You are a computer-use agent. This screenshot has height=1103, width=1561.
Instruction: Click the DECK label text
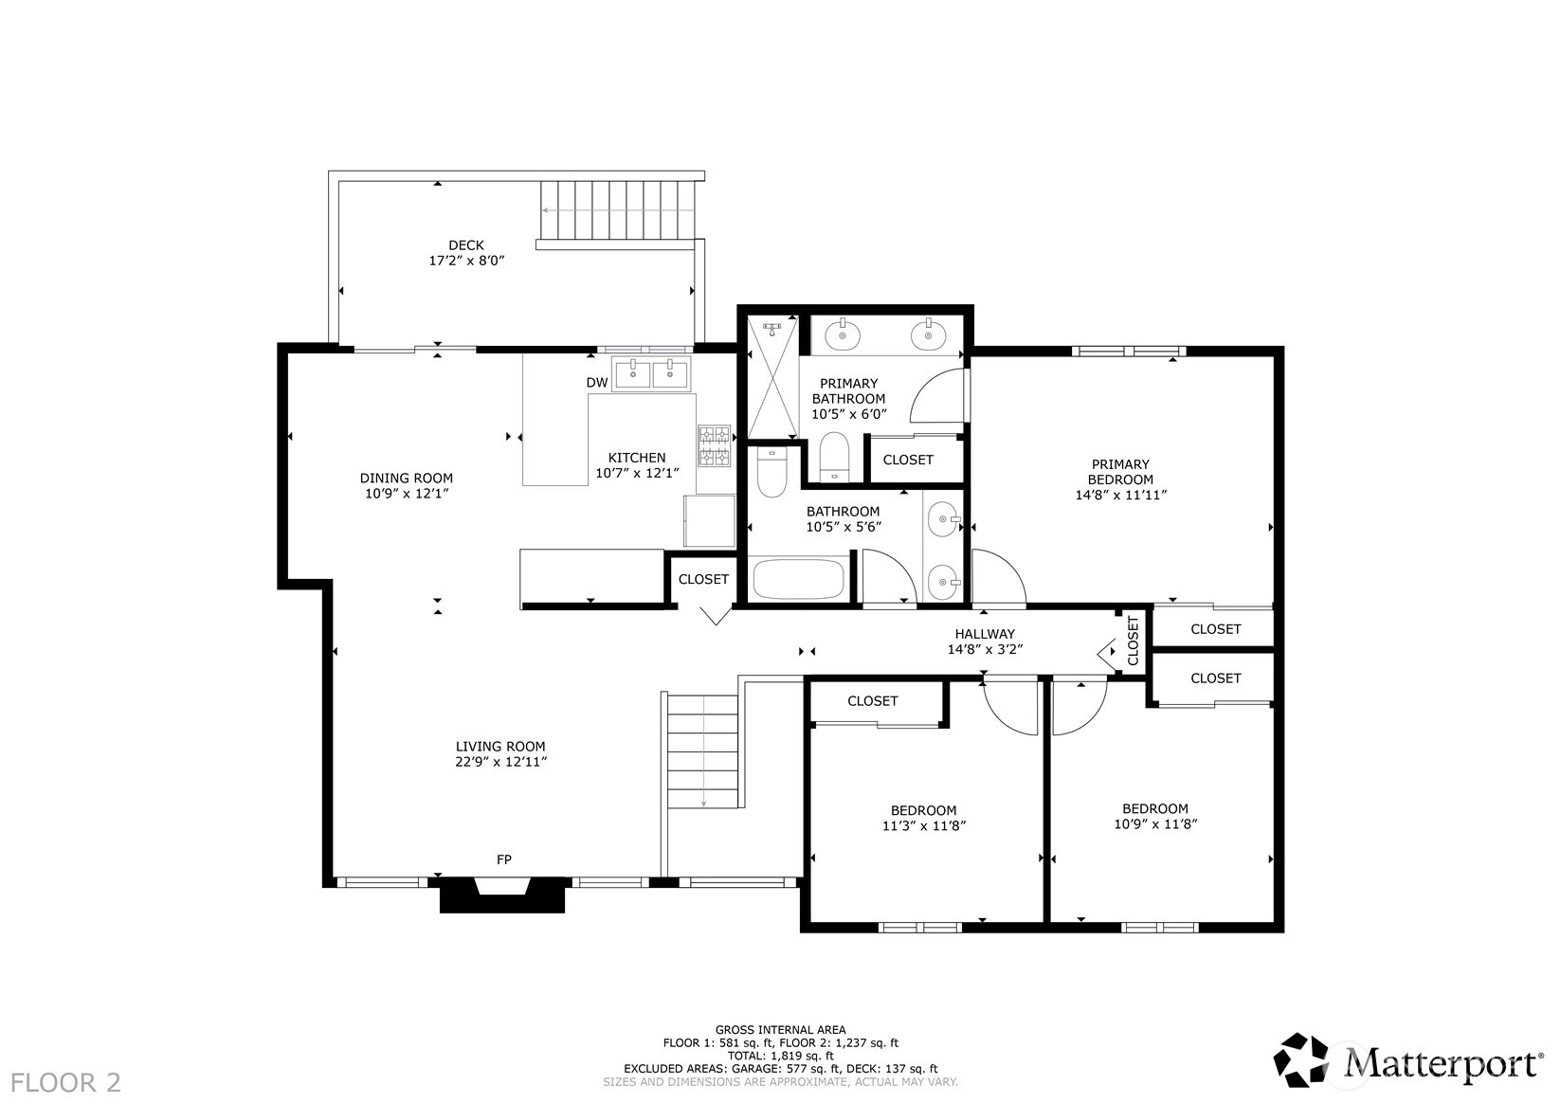(x=466, y=245)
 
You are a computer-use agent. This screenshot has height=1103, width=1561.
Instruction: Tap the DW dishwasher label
(x=597, y=383)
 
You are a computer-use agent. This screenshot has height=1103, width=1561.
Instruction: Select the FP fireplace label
(x=504, y=859)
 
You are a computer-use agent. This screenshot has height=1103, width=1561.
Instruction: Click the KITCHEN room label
(x=637, y=458)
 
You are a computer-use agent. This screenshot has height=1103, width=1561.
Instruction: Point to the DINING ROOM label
(x=407, y=478)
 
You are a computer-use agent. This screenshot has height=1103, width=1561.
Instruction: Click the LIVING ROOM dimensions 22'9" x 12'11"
(x=501, y=762)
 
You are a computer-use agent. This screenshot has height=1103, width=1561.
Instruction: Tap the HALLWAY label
(x=985, y=634)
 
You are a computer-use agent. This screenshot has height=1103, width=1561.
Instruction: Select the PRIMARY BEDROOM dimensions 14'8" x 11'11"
(x=1121, y=495)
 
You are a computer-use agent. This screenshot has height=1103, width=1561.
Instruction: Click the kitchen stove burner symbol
(x=715, y=446)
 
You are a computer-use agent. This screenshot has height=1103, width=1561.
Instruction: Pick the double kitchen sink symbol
(x=651, y=374)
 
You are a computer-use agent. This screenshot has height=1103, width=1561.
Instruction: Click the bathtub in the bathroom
(x=799, y=579)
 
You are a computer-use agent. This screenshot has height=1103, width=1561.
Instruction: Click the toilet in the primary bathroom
(x=833, y=457)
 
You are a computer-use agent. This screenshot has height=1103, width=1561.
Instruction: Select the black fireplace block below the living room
(x=501, y=895)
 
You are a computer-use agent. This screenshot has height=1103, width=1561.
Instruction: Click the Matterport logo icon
(x=1301, y=1059)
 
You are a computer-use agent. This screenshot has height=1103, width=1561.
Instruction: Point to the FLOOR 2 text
(x=65, y=1082)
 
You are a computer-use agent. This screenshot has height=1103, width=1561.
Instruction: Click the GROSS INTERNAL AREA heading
(x=781, y=1029)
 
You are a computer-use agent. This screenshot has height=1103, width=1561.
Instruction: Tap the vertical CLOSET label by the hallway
(x=1133, y=641)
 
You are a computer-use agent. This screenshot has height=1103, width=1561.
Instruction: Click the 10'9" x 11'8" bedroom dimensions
(x=1155, y=823)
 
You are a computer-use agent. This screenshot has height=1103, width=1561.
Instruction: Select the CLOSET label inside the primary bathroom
(x=908, y=460)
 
